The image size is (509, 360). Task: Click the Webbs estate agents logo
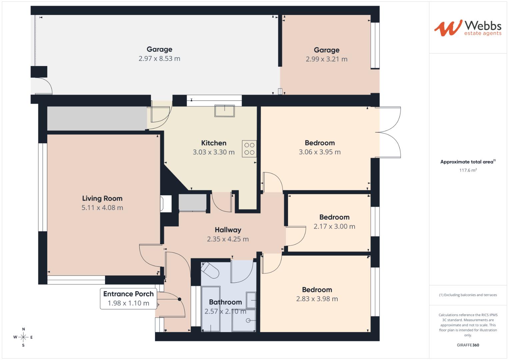[x=468, y=28]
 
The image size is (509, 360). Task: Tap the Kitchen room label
[x=214, y=143]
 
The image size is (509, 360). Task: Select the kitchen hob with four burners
[x=249, y=149]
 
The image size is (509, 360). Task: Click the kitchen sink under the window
[x=225, y=111]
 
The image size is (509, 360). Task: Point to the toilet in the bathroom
[x=210, y=270]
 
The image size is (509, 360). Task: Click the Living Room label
[x=102, y=198]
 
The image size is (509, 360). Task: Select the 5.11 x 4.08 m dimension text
[x=102, y=207]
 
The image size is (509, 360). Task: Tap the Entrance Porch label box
[x=128, y=299]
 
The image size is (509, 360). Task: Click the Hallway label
[x=228, y=230]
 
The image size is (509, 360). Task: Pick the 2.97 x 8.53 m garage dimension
[x=159, y=58]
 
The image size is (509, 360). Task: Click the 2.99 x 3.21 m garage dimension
[x=327, y=59]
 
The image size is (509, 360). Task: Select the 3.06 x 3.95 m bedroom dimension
[x=320, y=152]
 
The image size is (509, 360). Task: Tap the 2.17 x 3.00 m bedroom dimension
[x=334, y=226]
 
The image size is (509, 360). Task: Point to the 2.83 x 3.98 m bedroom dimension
[x=317, y=299]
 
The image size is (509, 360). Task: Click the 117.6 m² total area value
[x=468, y=170]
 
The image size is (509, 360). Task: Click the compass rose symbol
[x=23, y=337]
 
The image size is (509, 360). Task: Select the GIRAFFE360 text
[x=468, y=345]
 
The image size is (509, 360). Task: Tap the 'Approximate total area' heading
[x=468, y=162]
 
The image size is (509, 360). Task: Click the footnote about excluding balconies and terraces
[x=468, y=295]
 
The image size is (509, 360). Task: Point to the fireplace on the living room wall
[x=166, y=204]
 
